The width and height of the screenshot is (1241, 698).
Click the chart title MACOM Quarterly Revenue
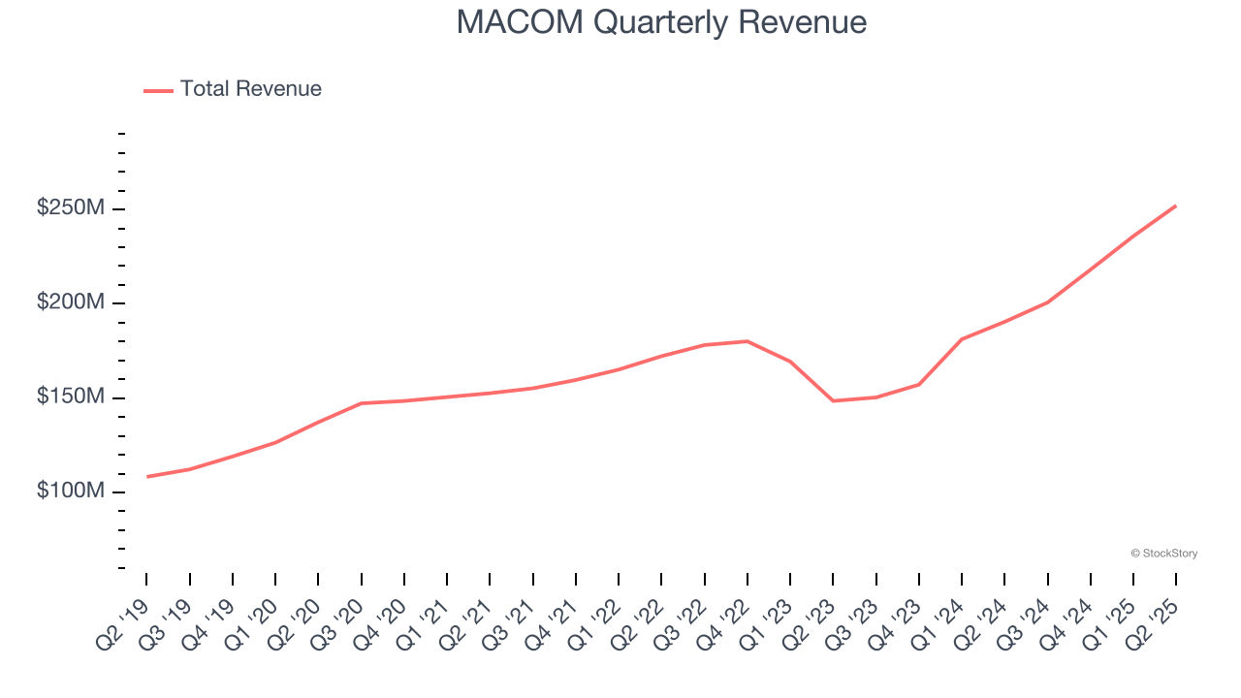(661, 21)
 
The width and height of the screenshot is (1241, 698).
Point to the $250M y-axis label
(71, 209)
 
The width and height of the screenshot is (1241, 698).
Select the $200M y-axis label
(71, 303)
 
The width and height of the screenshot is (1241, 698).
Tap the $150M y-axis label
(71, 397)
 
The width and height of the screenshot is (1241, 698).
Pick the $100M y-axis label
(71, 492)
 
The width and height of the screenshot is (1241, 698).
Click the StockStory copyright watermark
(1164, 554)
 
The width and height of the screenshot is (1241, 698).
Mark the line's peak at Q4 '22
(747, 341)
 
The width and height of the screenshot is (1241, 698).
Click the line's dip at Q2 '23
(833, 400)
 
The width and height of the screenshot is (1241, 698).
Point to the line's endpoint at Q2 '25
(1175, 206)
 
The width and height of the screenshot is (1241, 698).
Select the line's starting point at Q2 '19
(147, 476)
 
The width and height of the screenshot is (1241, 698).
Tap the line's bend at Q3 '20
(361, 403)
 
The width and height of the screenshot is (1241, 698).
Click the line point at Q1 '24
(961, 339)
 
